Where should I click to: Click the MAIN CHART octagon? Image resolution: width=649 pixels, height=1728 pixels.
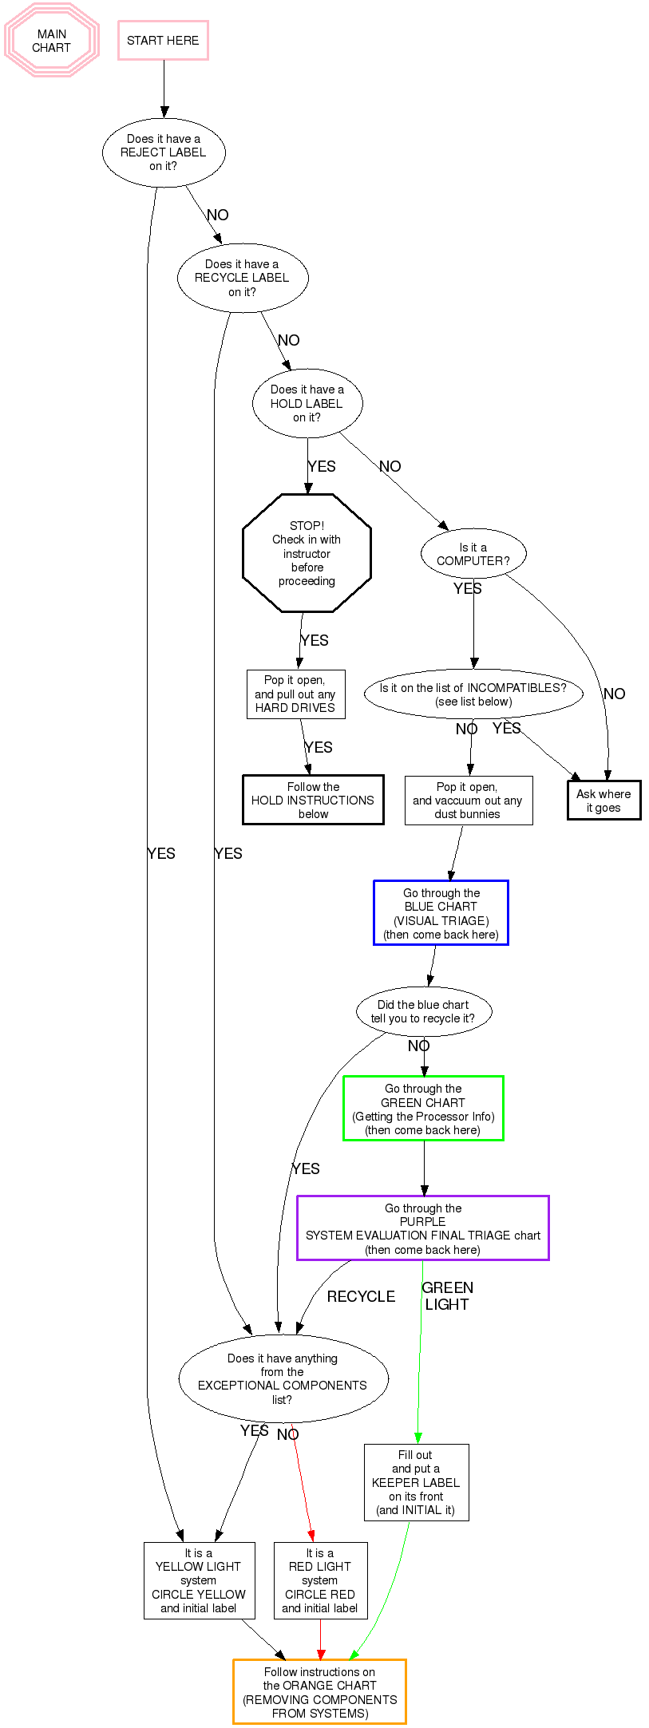point(52,41)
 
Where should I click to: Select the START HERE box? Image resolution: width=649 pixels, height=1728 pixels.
point(163,41)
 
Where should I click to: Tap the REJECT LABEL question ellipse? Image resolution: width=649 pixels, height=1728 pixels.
point(164,152)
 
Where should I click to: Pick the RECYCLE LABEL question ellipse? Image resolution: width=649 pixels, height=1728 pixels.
point(242,278)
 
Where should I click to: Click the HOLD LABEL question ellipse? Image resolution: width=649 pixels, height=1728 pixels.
point(307,403)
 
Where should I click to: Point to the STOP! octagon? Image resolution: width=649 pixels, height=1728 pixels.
point(307,553)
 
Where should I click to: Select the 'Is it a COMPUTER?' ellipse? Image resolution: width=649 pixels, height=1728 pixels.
point(473,554)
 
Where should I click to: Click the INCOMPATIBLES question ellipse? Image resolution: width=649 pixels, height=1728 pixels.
point(473,694)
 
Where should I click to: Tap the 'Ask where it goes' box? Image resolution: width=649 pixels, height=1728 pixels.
point(603,800)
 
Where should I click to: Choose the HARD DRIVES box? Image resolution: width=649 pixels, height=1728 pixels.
point(295,694)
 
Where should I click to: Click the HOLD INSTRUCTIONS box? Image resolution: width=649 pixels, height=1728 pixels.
point(313,800)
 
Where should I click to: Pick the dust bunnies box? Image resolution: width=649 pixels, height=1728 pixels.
point(468,800)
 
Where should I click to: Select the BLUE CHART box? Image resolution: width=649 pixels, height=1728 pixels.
point(441,913)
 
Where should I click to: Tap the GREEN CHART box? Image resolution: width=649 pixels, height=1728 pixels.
point(423,1109)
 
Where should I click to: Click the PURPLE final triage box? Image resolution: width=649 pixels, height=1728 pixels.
point(423,1228)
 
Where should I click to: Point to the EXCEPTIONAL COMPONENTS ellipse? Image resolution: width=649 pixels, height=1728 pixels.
point(283,1378)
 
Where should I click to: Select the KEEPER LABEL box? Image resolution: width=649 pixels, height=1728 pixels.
point(416,1482)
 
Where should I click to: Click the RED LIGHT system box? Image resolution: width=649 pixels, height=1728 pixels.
point(320,1580)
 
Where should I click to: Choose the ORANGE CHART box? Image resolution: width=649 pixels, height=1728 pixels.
point(319,1692)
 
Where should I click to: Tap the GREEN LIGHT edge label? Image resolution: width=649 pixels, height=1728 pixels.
point(447,1295)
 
